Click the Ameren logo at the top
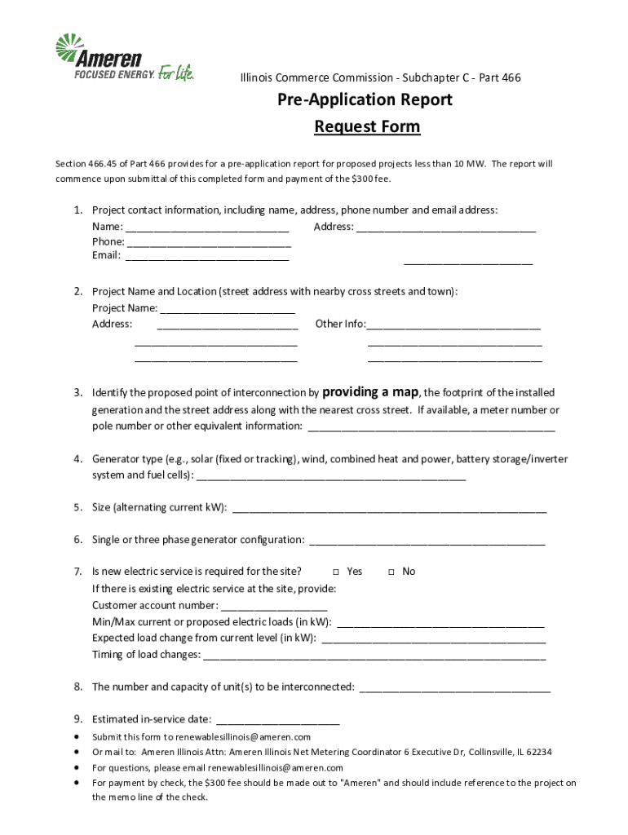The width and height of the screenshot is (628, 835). (124, 59)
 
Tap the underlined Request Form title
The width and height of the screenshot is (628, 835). (367, 126)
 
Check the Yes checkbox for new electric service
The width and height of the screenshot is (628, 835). (336, 572)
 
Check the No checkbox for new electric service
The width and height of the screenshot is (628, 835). (391, 572)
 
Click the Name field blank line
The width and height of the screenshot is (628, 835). (207, 228)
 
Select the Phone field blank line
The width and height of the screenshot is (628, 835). (209, 242)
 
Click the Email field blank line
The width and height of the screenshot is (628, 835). (207, 256)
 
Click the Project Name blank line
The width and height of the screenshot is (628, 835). (228, 309)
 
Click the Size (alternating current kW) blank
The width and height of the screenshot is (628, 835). (390, 508)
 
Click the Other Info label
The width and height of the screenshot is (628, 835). (340, 324)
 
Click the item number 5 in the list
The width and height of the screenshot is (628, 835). (77, 507)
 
